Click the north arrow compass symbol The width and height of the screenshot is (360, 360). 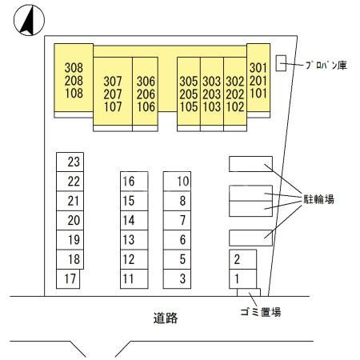pos(29,20)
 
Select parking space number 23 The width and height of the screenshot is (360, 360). pos(70,162)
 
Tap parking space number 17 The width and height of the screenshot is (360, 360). pos(68,279)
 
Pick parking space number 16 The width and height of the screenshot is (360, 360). pos(134,182)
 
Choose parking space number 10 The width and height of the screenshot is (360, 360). pos(177,182)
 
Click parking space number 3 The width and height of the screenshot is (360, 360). pos(177,279)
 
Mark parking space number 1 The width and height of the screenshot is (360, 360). pos(242,279)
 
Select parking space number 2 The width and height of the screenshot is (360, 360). pos(242,259)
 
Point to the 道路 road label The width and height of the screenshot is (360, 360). pos(166,318)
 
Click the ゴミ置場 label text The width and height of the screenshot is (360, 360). pos(261,312)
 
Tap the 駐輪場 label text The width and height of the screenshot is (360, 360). pos(319,199)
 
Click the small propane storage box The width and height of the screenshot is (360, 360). pos(281,63)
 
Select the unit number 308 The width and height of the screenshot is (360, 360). pos(74,68)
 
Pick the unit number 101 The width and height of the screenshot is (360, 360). pos(258,94)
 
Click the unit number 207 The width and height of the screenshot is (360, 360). pos(113,94)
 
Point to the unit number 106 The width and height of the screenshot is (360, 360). pos(146,107)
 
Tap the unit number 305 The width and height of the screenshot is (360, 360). pos(189,82)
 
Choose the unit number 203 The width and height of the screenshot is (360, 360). pos(212,94)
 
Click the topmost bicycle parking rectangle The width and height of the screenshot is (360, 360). pos(250,164)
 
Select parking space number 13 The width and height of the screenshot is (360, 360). pos(134,240)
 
